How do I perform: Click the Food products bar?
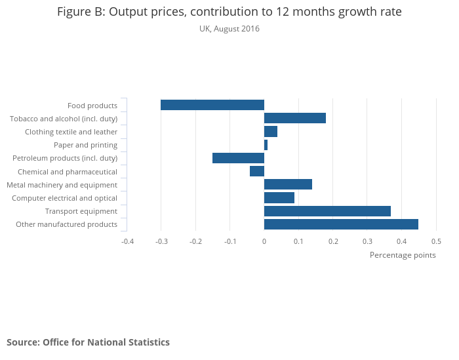[212, 105]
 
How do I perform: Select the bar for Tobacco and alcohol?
[295, 118]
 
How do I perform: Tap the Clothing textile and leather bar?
[271, 131]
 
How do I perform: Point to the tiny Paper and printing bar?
[266, 145]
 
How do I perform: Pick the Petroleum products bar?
[238, 158]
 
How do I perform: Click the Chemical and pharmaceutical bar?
[257, 171]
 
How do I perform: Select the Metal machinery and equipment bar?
[288, 184]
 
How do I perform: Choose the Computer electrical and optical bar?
[279, 197]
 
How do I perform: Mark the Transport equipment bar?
[327, 211]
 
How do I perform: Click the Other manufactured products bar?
[341, 224]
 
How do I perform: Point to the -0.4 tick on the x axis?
[127, 241]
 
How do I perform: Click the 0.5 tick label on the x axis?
[436, 241]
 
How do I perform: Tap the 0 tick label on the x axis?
[264, 241]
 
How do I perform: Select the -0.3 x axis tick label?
[161, 241]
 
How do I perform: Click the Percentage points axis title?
[403, 255]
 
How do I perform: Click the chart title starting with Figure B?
[229, 12]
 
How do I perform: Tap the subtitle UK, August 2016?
[229, 29]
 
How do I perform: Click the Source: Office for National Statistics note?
[88, 342]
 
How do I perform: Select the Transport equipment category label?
[81, 211]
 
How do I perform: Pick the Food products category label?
[92, 106]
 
